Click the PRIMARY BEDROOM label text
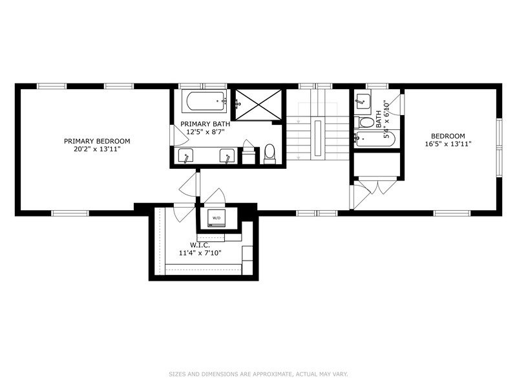[97, 141]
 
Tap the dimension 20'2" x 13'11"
[97, 149]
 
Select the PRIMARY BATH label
[205, 124]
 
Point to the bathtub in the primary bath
[204, 101]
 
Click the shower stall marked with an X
[258, 103]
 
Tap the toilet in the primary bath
[269, 153]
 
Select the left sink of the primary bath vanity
[186, 156]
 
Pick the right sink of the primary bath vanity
[227, 156]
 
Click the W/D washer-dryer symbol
[216, 218]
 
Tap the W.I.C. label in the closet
[200, 245]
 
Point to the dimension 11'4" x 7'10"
[200, 253]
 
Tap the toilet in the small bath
[366, 122]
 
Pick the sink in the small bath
[363, 101]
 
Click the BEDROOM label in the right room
[448, 136]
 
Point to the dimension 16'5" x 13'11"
[448, 144]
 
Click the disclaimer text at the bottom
[258, 374]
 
